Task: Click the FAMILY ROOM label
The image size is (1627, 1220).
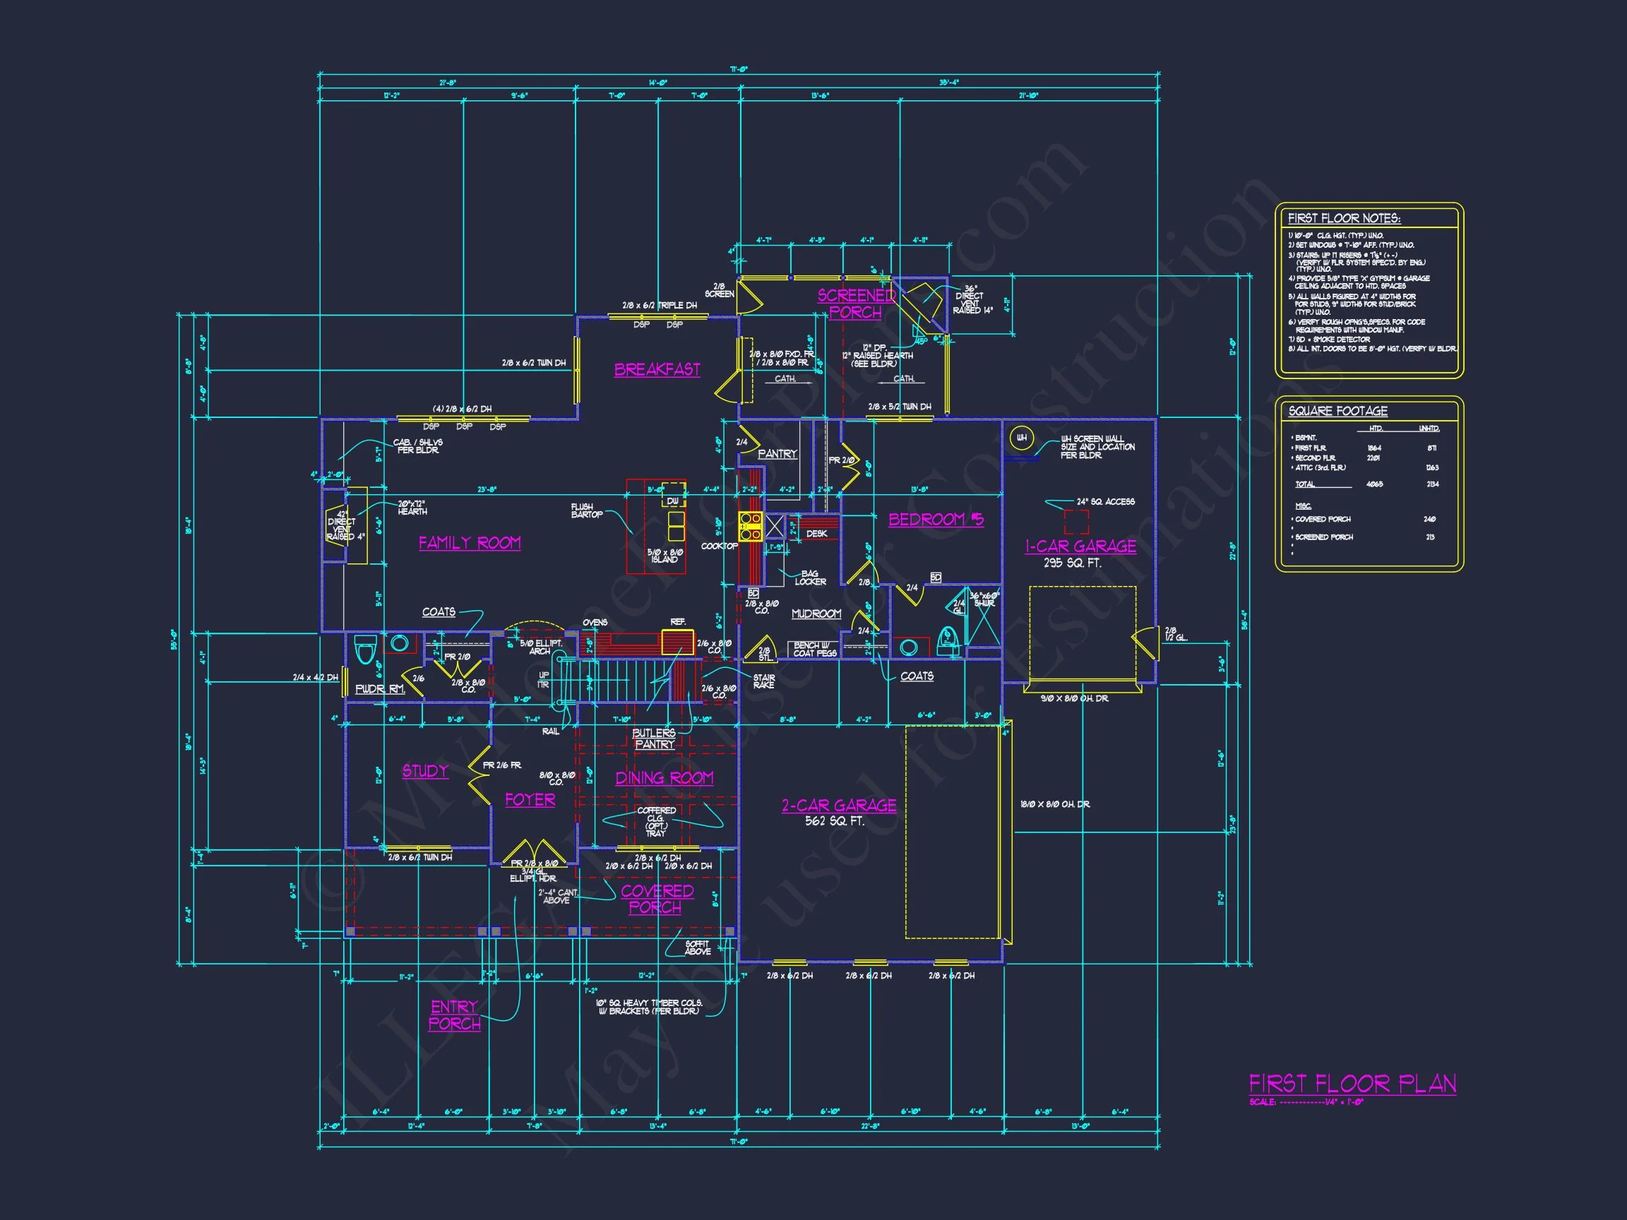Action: [470, 543]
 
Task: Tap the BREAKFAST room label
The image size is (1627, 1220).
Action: [657, 369]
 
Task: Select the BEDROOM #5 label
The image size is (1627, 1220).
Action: [936, 519]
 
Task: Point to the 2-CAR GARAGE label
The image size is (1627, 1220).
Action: [838, 806]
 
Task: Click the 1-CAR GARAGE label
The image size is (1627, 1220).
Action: [1080, 546]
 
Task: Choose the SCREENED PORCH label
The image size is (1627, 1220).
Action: [855, 304]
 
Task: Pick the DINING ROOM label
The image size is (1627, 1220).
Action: [664, 777]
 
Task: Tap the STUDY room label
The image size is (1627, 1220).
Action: [425, 771]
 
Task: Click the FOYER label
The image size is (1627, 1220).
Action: [530, 799]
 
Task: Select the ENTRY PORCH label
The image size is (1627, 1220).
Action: [455, 1015]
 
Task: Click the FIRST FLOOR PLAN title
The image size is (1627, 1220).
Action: [1352, 1083]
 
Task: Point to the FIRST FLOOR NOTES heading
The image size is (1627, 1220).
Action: [1344, 218]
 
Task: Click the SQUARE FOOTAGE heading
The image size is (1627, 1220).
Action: [1338, 411]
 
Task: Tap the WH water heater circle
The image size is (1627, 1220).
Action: [1022, 438]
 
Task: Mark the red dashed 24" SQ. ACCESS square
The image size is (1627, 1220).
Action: [1076, 521]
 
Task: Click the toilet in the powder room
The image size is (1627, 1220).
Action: [365, 650]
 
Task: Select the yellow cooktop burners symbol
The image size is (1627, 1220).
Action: [750, 527]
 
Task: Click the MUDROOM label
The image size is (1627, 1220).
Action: [816, 614]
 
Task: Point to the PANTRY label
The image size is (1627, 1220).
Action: [777, 454]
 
